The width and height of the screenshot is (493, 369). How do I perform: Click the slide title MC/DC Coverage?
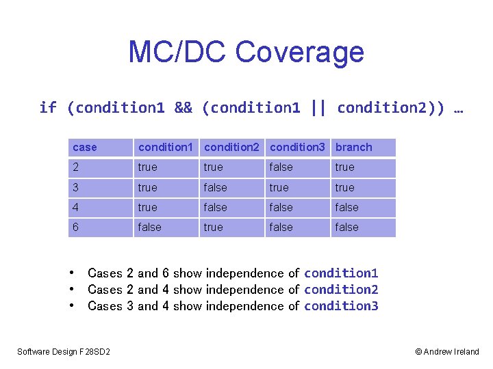coord(246,52)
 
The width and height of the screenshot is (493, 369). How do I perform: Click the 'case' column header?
coord(85,147)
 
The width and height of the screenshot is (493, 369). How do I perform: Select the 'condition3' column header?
coord(298,147)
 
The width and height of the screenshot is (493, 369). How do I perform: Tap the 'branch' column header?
coord(353,147)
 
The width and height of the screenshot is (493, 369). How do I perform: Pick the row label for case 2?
coord(76,167)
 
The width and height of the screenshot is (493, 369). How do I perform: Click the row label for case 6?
coord(76,227)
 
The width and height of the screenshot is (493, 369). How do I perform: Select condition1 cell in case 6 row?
coord(149,227)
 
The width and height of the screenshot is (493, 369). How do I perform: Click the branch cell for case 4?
coord(346,207)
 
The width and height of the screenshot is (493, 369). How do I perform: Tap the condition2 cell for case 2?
coord(213,167)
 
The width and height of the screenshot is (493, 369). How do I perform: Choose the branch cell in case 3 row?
coord(344,187)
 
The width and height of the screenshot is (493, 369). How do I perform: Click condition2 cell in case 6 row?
coord(213,227)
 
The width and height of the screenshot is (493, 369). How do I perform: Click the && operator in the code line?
coord(184,107)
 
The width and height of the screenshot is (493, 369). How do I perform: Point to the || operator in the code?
coord(318,107)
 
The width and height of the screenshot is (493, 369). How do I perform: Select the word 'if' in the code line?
coord(48,107)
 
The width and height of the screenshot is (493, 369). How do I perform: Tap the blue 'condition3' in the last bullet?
coord(341,306)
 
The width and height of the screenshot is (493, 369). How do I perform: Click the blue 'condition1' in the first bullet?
coord(341,273)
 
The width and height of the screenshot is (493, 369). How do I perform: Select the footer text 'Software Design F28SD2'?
coord(64,352)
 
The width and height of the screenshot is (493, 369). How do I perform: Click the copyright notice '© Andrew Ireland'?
coord(447,352)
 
